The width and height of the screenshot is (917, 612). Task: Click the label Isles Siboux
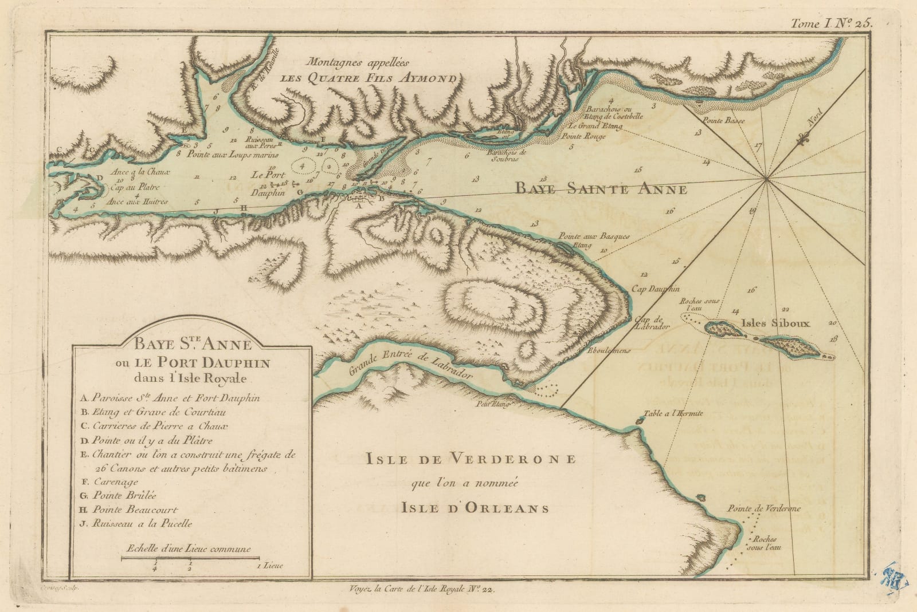click(x=775, y=323)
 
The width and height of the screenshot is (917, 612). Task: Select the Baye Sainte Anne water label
click(x=600, y=188)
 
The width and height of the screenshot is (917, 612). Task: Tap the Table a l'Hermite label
click(x=673, y=413)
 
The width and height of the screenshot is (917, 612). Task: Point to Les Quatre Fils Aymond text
click(x=370, y=80)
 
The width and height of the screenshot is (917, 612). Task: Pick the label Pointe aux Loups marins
click(x=232, y=155)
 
